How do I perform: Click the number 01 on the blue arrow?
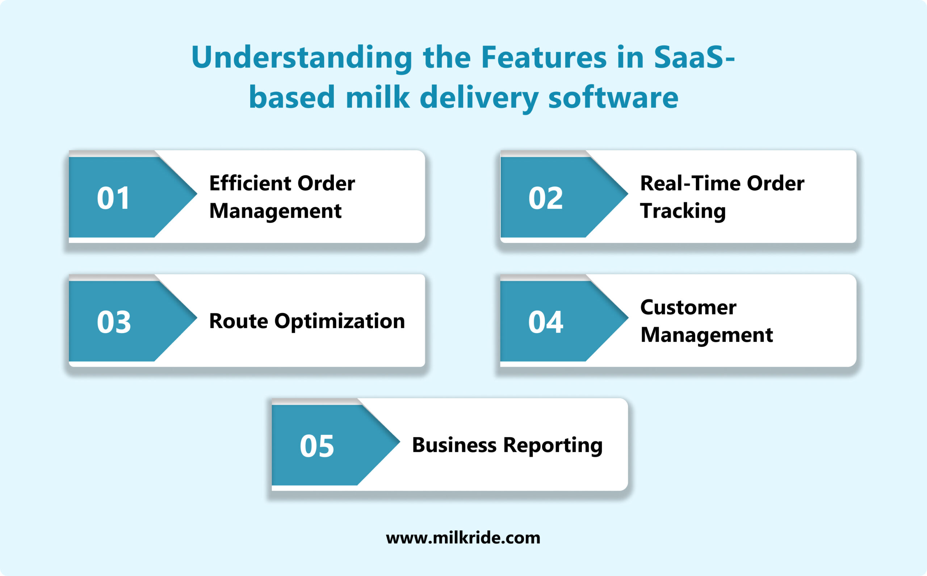coord(113,198)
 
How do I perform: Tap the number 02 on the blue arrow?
coord(545,198)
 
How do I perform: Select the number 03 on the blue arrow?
coord(114,322)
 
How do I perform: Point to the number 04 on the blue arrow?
coord(545,322)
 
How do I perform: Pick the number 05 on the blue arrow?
coord(316,446)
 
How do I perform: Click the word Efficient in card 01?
coord(250,183)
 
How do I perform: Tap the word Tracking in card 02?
coord(683,211)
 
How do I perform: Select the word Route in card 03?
coord(239,321)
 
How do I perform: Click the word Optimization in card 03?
coord(340,321)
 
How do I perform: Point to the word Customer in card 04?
coord(688,307)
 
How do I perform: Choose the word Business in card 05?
coord(454,445)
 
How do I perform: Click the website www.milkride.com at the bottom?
coord(463,538)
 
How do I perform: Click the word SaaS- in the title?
coord(694,57)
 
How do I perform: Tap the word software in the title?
coord(613,97)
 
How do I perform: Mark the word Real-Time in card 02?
coord(690,183)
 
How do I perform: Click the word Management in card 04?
coord(706,335)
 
